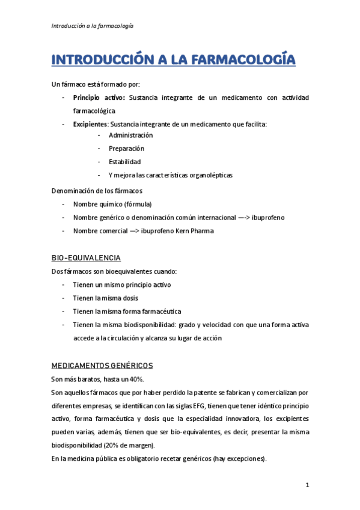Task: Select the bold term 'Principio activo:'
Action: (x=99, y=97)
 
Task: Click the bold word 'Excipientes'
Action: (x=90, y=124)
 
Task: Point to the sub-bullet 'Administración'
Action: (x=130, y=135)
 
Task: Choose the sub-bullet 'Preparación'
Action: (x=126, y=149)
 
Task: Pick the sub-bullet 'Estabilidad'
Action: (x=124, y=162)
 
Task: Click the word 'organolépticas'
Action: (x=208, y=175)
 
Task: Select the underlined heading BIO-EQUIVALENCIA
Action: (x=86, y=258)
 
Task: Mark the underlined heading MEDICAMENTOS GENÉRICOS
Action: (x=102, y=365)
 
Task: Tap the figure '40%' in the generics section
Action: (x=136, y=379)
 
